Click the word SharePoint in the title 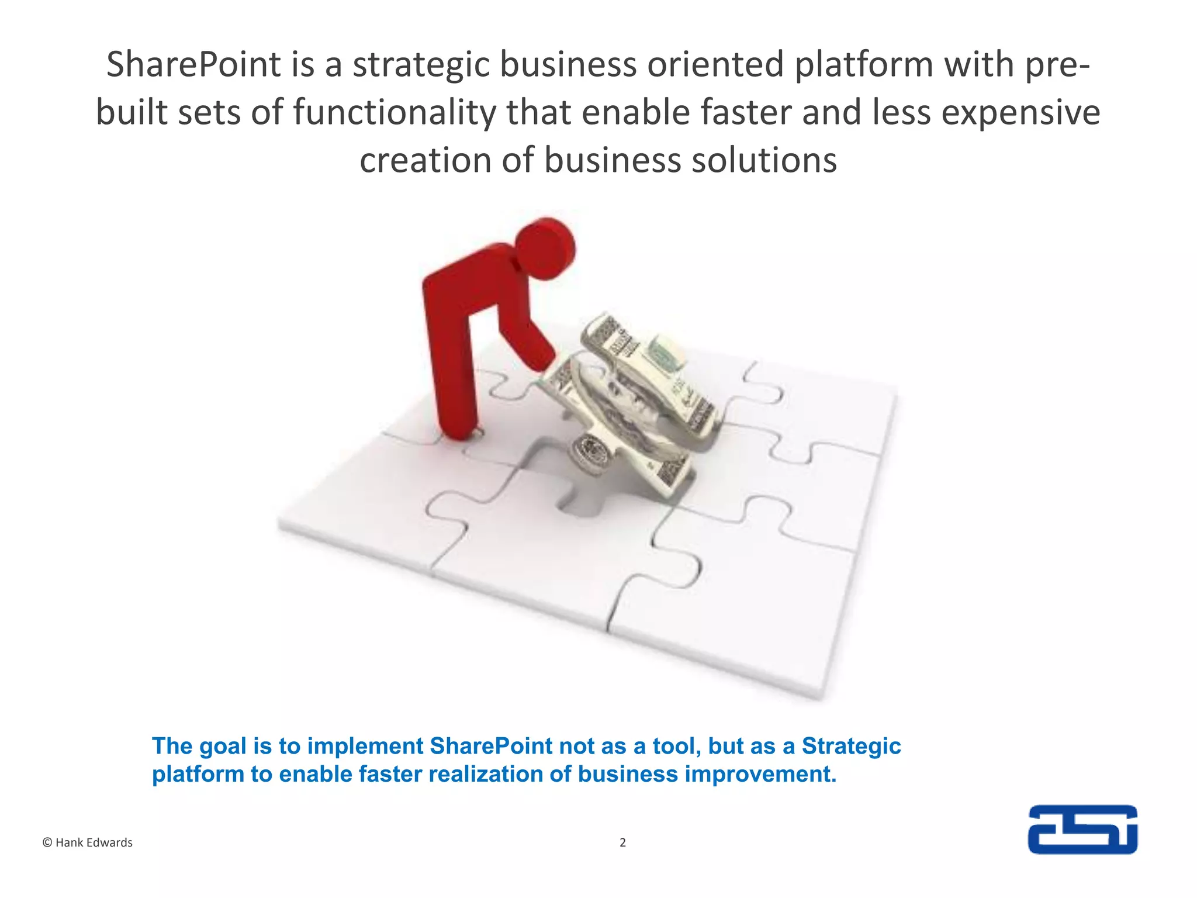tap(193, 64)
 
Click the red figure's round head tap(545, 248)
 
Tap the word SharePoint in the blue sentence tap(491, 747)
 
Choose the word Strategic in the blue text tap(851, 747)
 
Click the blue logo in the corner tap(1082, 829)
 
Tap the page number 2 tap(622, 842)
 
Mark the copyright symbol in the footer tap(47, 842)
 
